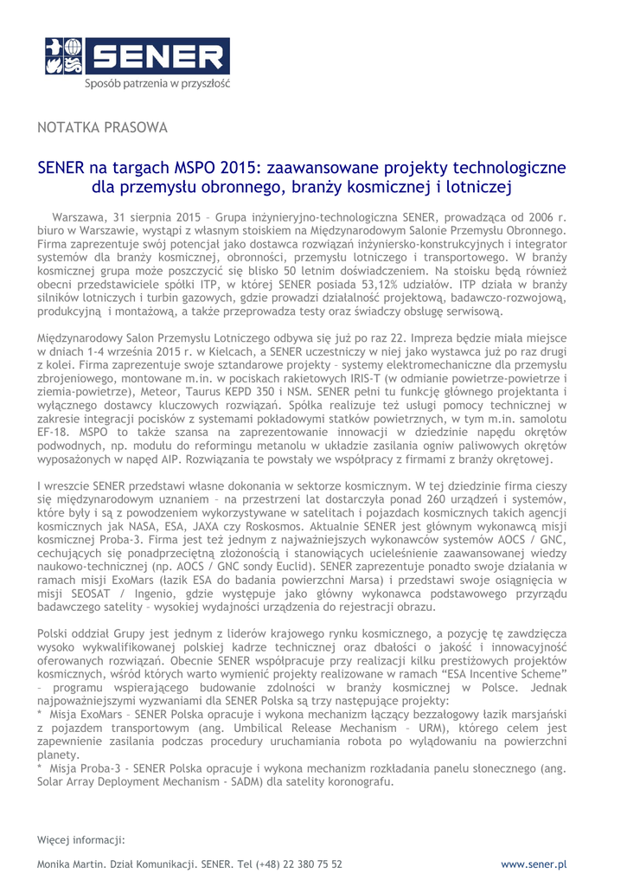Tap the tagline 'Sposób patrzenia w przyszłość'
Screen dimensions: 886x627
pyautogui.click(x=157, y=84)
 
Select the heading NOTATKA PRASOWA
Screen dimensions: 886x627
pyautogui.click(x=102, y=128)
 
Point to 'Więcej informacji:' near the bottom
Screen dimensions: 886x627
pyautogui.click(x=81, y=839)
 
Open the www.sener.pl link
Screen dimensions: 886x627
pyautogui.click(x=534, y=864)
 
